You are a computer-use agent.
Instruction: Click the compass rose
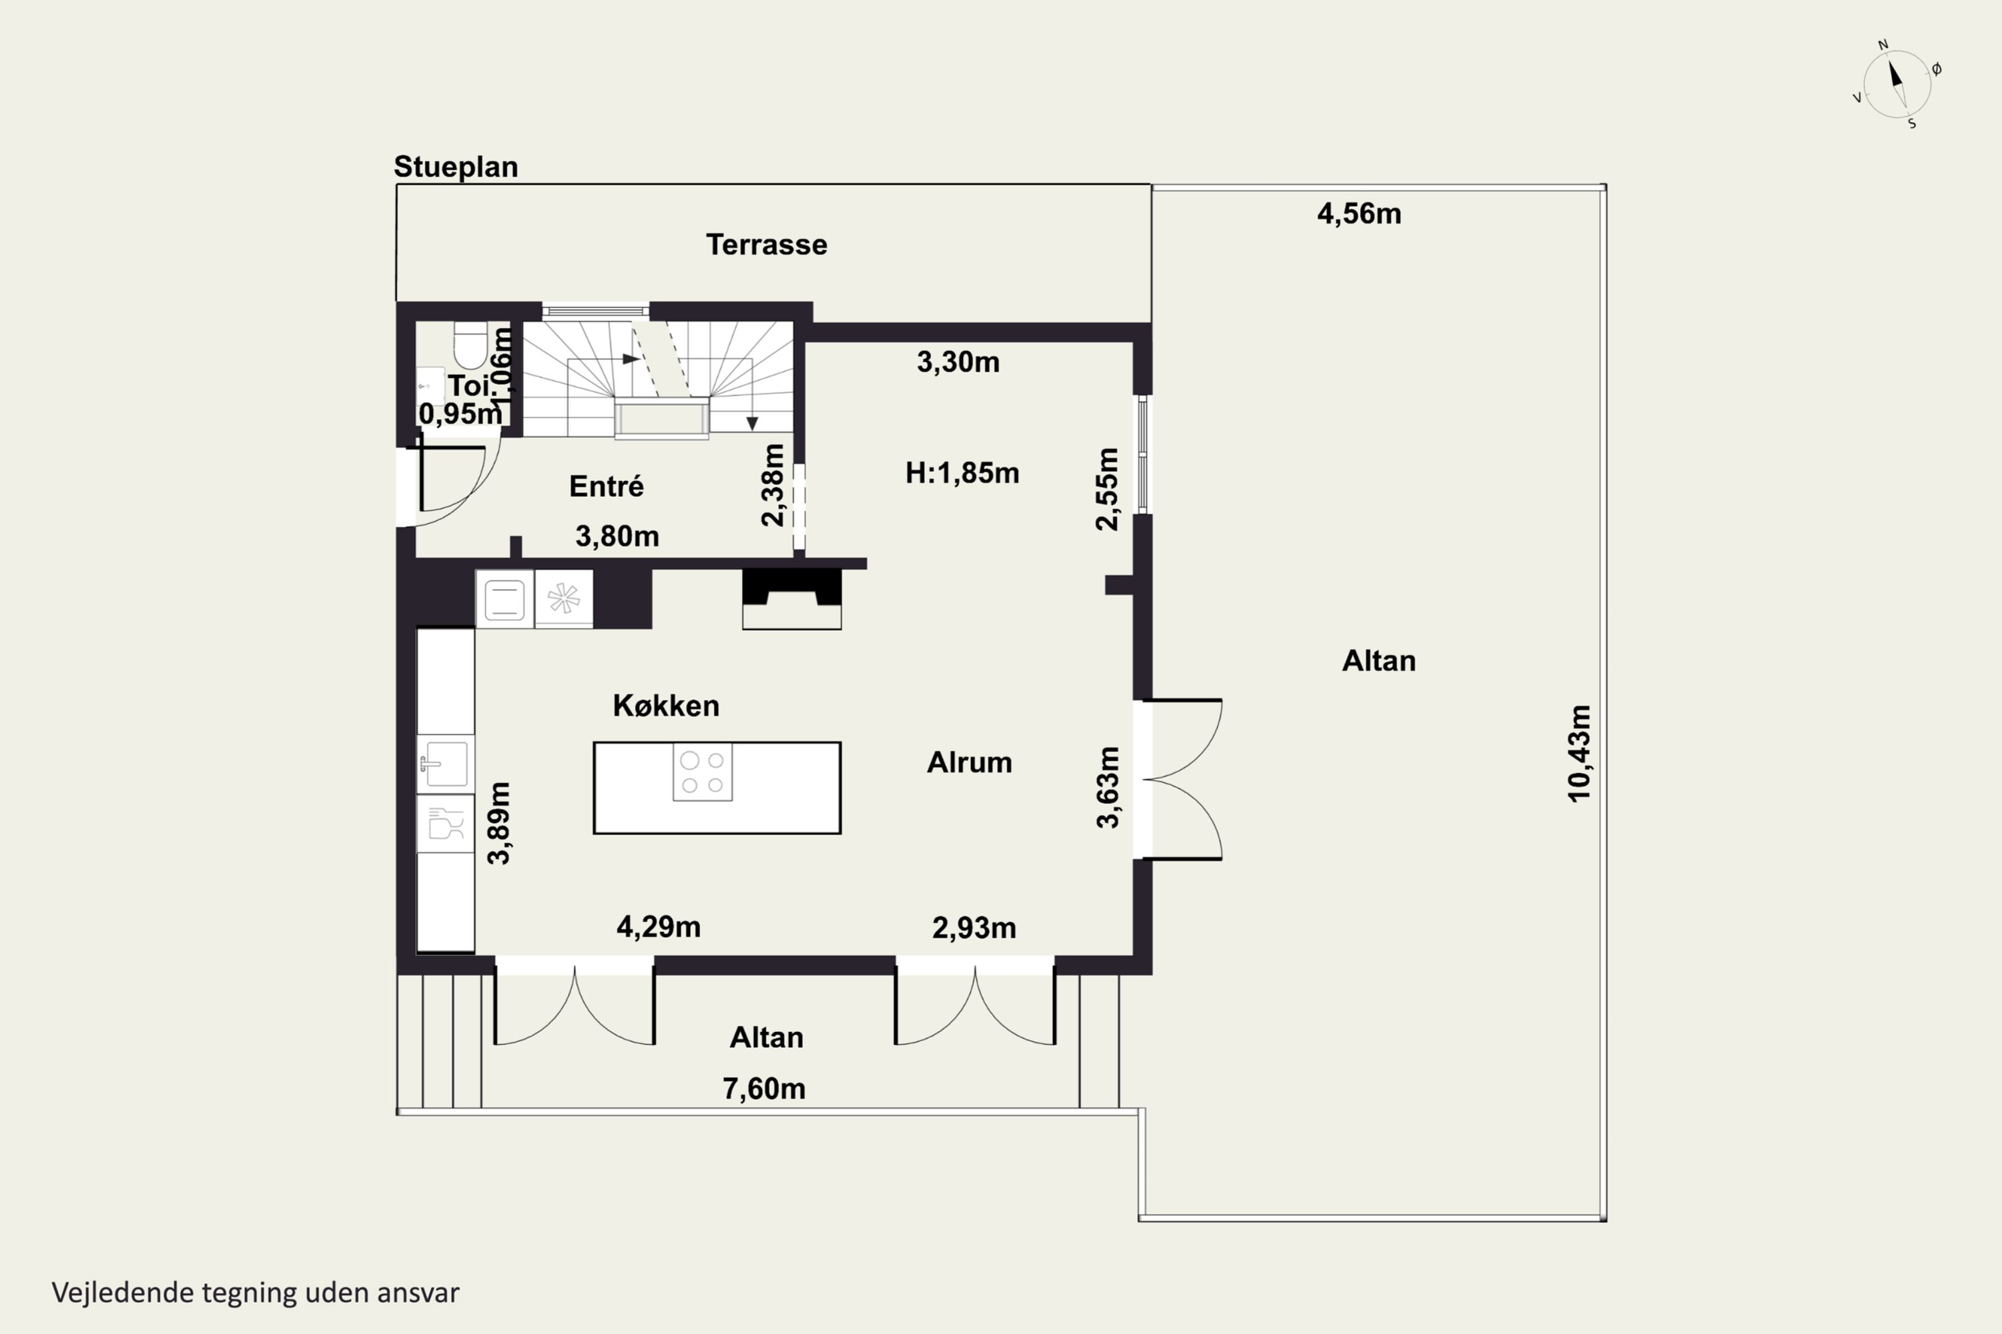tap(1897, 84)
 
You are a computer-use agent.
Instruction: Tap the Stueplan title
tap(455, 167)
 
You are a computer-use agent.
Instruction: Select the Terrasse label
tap(766, 245)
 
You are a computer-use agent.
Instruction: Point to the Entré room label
tap(606, 487)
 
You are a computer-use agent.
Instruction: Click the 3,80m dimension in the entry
tap(617, 536)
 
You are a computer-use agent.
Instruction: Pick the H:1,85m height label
tap(962, 473)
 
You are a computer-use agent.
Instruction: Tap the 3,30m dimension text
tap(958, 362)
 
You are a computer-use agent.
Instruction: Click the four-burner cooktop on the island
tap(702, 772)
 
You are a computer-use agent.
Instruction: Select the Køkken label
tap(665, 705)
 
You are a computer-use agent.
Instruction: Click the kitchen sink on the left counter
tap(445, 763)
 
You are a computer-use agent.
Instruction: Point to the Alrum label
tap(970, 762)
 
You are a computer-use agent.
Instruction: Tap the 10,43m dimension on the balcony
tap(1579, 753)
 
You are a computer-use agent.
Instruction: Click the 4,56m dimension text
tap(1359, 213)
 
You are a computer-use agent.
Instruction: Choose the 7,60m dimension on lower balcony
tap(763, 1089)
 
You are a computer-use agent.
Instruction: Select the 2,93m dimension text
tap(974, 927)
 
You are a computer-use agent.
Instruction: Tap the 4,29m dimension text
tap(659, 926)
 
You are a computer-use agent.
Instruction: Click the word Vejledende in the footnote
tap(123, 1293)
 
